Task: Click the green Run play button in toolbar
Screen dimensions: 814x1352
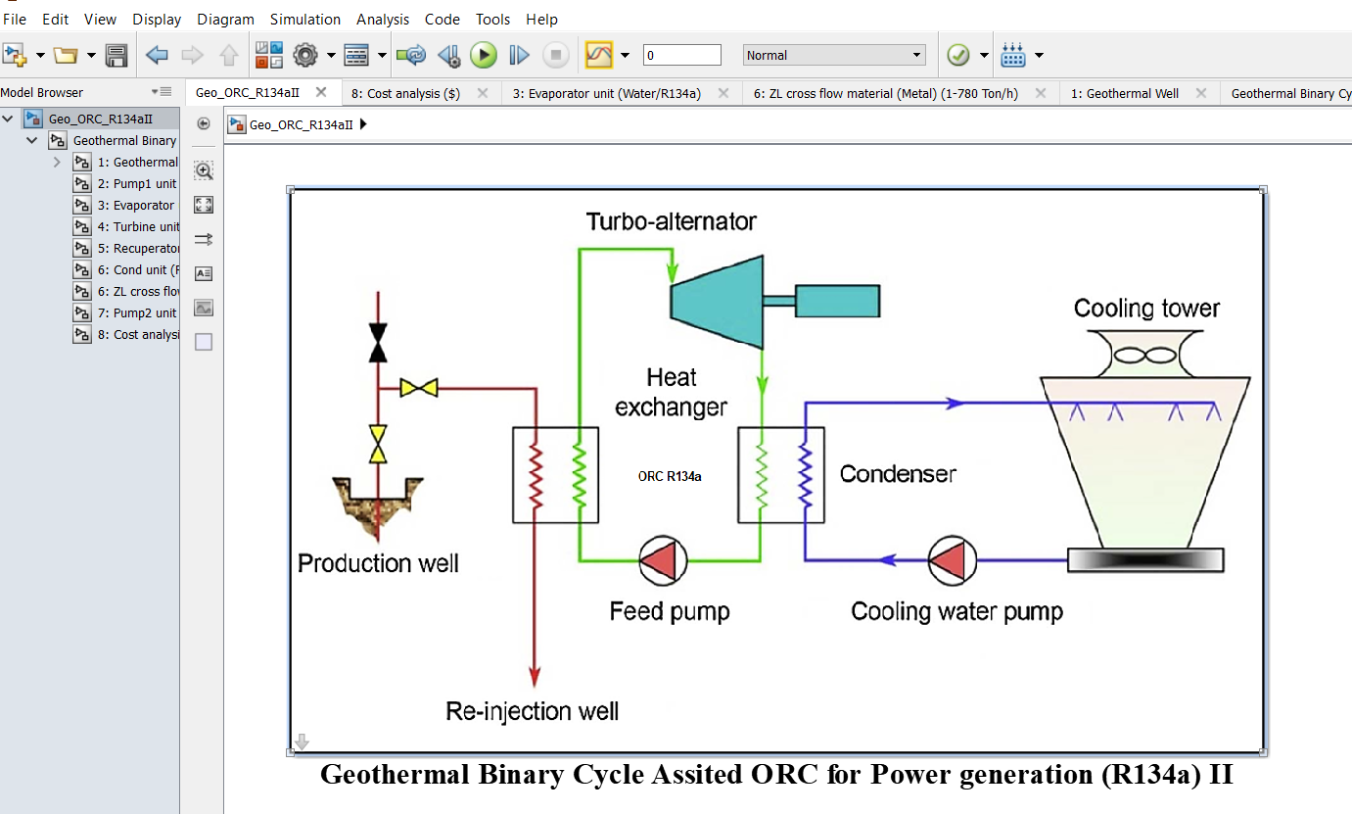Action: click(484, 55)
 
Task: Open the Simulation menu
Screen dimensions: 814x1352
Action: click(305, 19)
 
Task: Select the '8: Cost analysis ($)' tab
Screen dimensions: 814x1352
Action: click(406, 93)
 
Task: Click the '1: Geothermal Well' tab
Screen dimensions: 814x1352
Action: click(1124, 93)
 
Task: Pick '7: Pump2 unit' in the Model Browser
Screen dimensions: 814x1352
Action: click(137, 312)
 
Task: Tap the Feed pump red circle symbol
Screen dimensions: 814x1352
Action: click(663, 560)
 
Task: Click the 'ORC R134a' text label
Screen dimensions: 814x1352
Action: click(670, 477)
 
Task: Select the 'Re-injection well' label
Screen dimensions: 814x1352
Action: click(533, 711)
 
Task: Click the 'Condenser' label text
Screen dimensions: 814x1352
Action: click(898, 474)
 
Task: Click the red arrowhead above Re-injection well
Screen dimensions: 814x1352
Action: click(535, 675)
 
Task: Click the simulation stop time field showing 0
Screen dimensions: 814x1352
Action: click(681, 55)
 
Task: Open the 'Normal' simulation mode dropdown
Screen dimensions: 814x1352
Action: click(834, 55)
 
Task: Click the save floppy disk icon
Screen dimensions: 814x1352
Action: click(117, 55)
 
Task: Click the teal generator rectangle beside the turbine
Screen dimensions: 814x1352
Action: click(837, 301)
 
